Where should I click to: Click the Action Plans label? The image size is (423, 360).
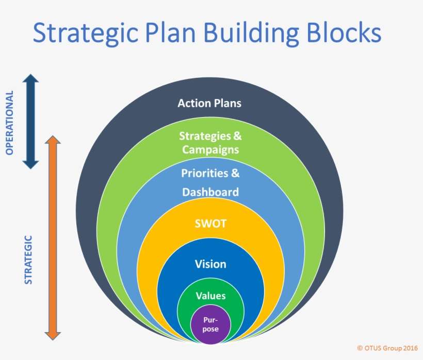pyautogui.click(x=209, y=103)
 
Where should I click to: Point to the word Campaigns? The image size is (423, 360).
pyautogui.click(x=209, y=150)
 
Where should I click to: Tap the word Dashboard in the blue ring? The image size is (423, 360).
pyautogui.click(x=210, y=192)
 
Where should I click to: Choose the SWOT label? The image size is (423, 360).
pyautogui.click(x=210, y=225)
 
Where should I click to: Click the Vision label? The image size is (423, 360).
pyautogui.click(x=210, y=264)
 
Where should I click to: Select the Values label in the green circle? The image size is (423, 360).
pyautogui.click(x=210, y=296)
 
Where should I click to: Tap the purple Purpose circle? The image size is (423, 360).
pyautogui.click(x=210, y=324)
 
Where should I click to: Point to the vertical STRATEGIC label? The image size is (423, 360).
pyautogui.click(x=28, y=260)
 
